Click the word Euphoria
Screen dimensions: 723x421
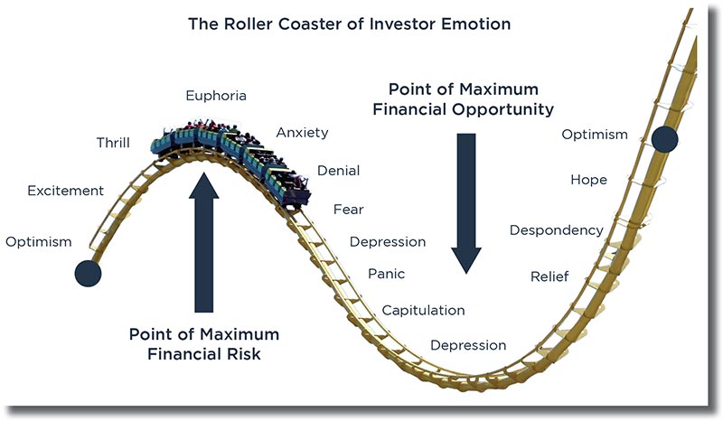pyautogui.click(x=216, y=96)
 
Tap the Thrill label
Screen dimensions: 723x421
pyautogui.click(x=113, y=143)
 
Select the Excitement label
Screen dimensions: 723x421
pyautogui.click(x=65, y=191)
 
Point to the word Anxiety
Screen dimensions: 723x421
pyautogui.click(x=302, y=133)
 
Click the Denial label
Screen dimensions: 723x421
pyautogui.click(x=338, y=171)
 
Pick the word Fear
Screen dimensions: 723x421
pyautogui.click(x=349, y=210)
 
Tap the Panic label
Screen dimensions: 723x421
pyautogui.click(x=387, y=274)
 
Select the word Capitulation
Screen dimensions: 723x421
pyautogui.click(x=423, y=311)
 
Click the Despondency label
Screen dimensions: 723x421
pyautogui.click(x=557, y=230)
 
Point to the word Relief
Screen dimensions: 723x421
pyautogui.click(x=549, y=276)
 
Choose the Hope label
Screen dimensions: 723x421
pyautogui.click(x=589, y=180)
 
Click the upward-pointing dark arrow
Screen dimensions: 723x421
pyautogui.click(x=204, y=242)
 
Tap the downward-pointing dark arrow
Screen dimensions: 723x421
pyautogui.click(x=466, y=203)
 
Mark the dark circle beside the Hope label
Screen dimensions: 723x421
pyautogui.click(x=665, y=138)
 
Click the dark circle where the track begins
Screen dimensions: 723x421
pyautogui.click(x=88, y=273)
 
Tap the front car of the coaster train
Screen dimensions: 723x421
pyautogui.click(x=288, y=187)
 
